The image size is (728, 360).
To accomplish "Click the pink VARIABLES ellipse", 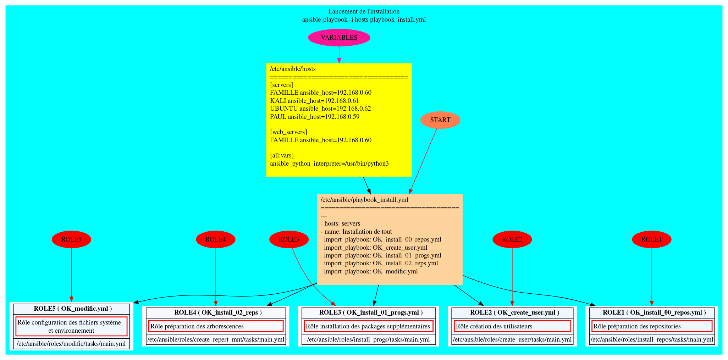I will pos(339,38).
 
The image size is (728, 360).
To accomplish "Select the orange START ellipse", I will pos(440,120).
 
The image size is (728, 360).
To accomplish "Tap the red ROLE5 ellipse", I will pos(71,239).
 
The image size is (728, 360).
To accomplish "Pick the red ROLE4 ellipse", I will pos(216,239).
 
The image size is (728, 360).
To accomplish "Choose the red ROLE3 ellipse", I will pos(289,239).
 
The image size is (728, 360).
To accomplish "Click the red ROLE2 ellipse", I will pos(512,239).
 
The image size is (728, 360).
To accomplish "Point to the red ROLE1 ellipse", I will pos(651,239).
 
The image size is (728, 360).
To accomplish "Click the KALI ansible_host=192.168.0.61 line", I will pos(314,101).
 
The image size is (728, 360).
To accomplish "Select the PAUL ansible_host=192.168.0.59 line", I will pos(315,117).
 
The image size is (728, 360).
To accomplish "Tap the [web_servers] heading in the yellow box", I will pos(288,132).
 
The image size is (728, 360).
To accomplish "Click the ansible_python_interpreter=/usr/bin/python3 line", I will pos(329,164).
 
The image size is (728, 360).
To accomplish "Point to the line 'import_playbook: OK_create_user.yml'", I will pos(375,248).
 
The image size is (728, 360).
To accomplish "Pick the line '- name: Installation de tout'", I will pos(356,232).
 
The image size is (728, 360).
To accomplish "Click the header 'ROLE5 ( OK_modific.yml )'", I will pos(73,309).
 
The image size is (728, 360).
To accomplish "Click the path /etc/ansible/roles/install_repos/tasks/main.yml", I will pos(652,339).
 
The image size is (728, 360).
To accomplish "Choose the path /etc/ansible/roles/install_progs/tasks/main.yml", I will pos(368,339).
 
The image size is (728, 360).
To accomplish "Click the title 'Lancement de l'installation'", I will pos(364,11).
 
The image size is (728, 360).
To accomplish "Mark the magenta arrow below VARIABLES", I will pos(339,55).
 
